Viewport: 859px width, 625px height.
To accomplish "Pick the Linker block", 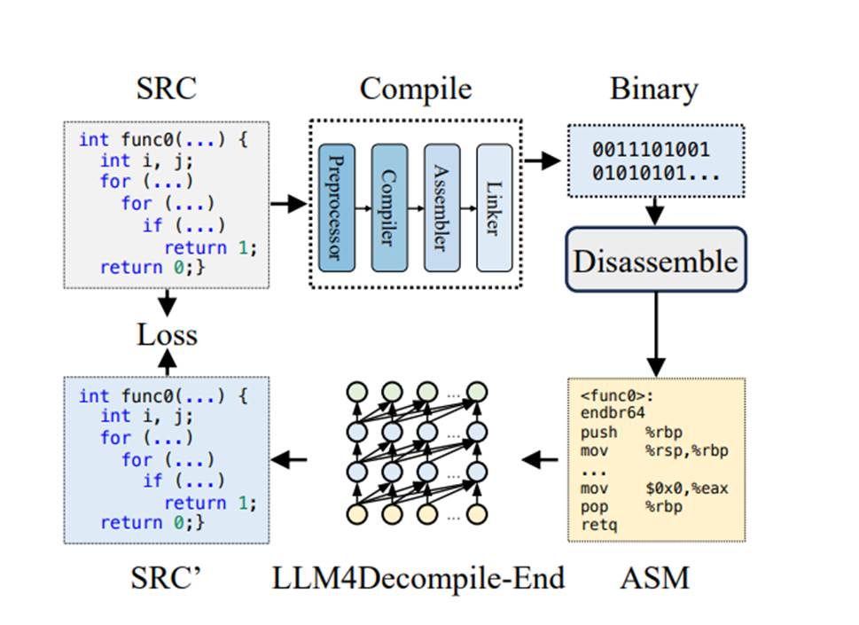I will (494, 207).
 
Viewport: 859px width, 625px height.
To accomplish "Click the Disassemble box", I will (655, 262).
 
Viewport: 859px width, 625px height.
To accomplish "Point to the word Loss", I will (167, 335).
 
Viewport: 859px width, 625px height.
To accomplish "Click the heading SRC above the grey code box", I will (166, 90).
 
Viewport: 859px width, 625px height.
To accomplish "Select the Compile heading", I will (416, 90).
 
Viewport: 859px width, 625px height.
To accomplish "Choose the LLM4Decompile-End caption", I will (418, 579).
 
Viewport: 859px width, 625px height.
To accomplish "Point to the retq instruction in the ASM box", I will (598, 524).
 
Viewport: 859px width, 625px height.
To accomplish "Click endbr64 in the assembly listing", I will (613, 412).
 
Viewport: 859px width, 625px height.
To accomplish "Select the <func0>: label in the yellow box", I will (613, 395).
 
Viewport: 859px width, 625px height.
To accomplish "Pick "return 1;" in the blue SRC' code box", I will (209, 503).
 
